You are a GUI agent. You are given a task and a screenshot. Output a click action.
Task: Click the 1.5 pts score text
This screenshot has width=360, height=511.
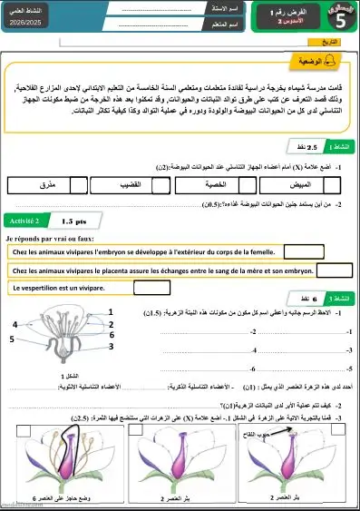point(74,221)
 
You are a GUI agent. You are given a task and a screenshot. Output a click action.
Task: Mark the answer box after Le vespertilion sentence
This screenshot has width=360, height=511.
point(151,288)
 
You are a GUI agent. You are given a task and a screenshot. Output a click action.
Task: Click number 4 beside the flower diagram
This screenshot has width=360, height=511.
point(15,324)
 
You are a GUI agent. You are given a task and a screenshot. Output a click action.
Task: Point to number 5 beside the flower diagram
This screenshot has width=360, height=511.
point(11,339)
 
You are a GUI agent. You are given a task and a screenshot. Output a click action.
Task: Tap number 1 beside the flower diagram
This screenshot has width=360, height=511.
point(111,312)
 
